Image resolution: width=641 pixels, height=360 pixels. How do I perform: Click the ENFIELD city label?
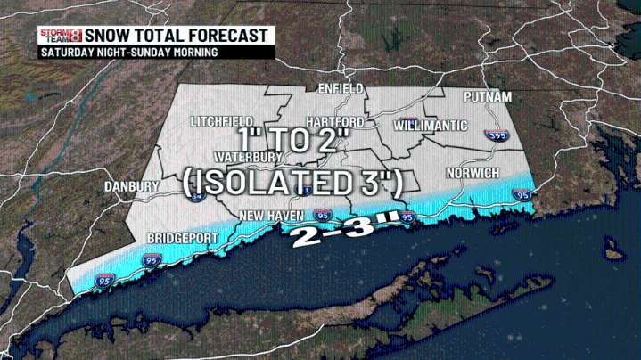[341, 90]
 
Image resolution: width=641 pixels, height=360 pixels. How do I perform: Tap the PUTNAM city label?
[486, 96]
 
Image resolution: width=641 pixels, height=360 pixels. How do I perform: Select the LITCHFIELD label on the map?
[222, 121]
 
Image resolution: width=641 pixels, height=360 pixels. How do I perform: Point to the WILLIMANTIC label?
[431, 126]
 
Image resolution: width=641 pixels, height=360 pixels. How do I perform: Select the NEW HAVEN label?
[271, 216]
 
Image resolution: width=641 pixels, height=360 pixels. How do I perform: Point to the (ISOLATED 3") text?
[292, 184]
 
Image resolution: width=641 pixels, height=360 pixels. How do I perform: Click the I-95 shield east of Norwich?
[523, 193]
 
